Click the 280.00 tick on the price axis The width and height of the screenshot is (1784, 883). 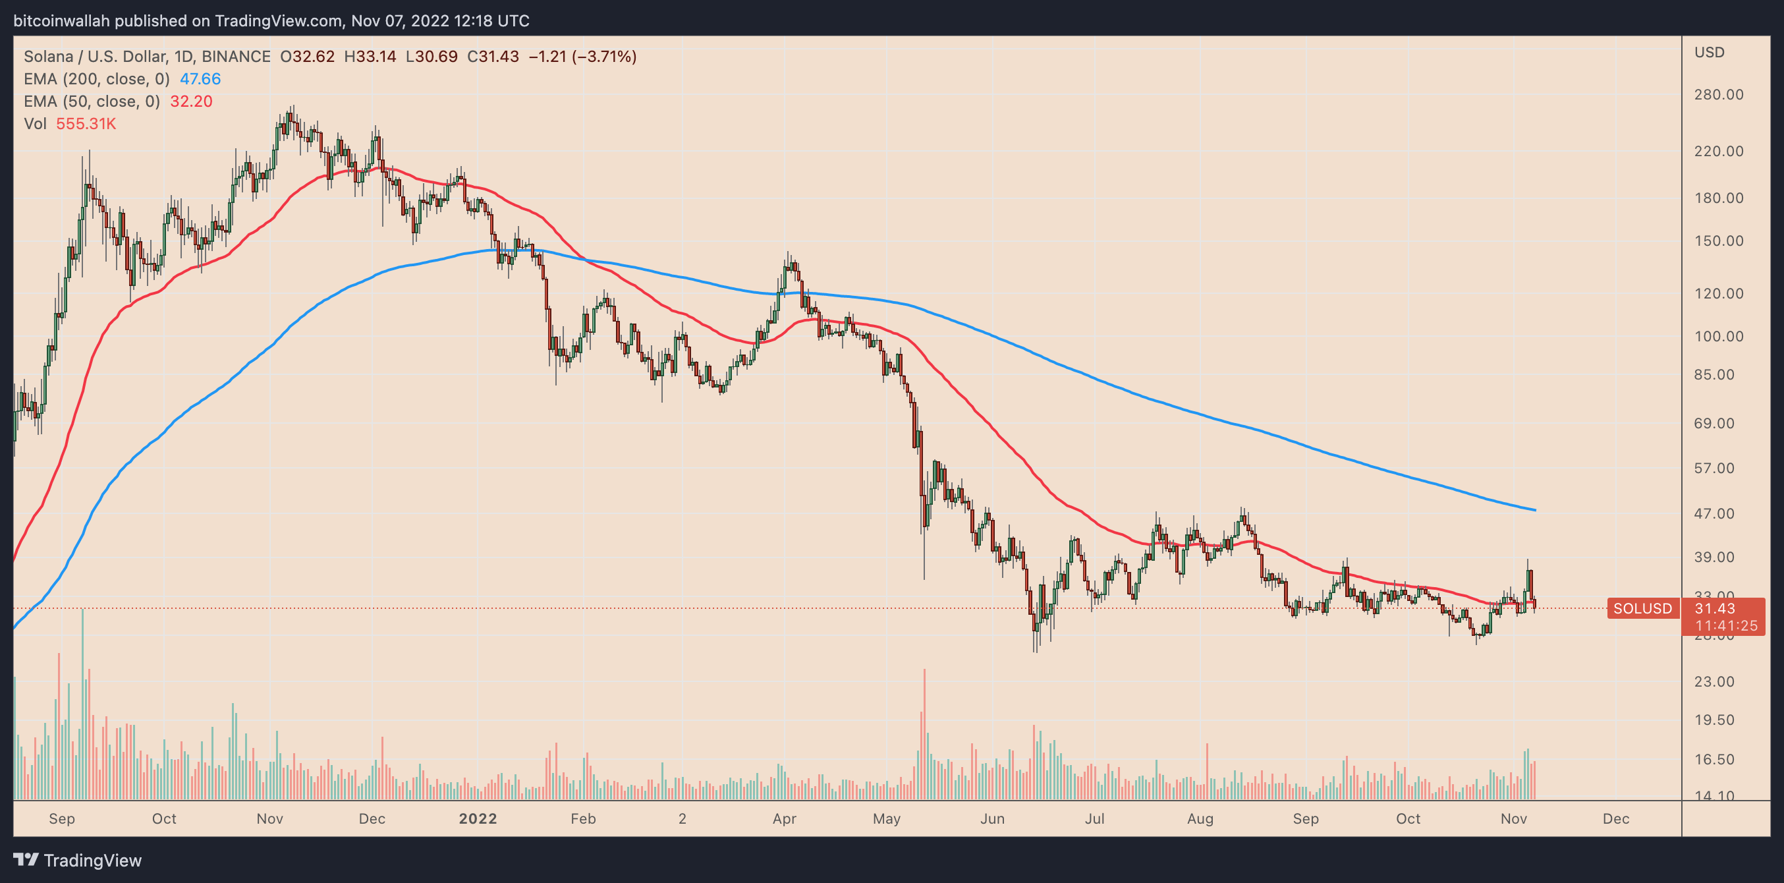1718,94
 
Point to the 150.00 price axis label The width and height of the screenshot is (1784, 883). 1718,241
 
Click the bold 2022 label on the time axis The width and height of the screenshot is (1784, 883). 478,818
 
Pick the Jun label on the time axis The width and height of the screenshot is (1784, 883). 991,818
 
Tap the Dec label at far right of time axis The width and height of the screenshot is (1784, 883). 1616,818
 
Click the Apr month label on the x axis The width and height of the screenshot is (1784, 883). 784,818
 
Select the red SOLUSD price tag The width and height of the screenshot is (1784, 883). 1642,609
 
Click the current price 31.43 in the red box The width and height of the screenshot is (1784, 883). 1715,609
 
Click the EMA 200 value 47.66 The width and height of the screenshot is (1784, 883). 200,79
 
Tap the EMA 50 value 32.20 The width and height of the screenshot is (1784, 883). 191,101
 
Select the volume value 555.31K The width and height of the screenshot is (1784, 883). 86,124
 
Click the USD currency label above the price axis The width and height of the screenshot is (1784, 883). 1709,53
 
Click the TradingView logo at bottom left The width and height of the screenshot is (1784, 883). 78,860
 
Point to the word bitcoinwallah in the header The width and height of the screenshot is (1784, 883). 62,21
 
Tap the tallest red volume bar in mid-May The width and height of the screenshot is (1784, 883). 924,734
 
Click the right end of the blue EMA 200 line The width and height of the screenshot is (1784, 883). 1535,511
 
